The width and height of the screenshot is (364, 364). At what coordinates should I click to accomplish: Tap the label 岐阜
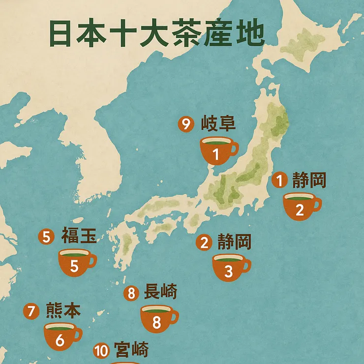[218, 123]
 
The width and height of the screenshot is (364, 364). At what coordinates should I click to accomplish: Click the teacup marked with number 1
[216, 151]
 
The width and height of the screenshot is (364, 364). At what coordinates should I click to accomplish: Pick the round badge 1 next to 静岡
[279, 181]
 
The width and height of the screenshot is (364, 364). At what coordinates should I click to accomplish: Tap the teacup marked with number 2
[300, 206]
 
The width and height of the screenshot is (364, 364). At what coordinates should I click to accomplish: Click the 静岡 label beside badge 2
[234, 242]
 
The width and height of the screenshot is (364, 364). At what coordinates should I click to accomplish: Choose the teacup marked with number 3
[229, 268]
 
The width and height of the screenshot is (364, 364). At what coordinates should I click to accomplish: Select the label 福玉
[78, 236]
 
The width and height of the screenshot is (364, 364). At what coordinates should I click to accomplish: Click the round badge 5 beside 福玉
[46, 237]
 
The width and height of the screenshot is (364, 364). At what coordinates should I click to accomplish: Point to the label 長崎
[160, 293]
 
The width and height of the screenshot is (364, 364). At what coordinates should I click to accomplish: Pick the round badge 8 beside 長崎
[131, 294]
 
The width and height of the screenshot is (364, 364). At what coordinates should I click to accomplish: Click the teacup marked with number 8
[157, 319]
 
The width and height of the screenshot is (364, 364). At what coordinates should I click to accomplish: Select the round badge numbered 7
[31, 311]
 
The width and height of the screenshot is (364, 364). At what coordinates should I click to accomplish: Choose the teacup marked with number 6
[61, 336]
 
